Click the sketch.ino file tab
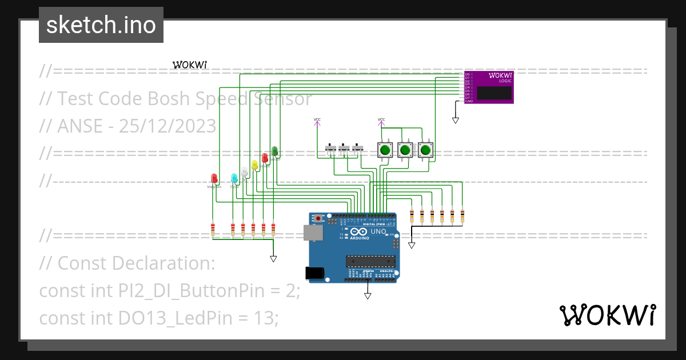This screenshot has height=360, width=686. (101, 25)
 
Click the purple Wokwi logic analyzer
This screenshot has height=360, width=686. (488, 87)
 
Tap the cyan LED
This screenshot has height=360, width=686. (234, 178)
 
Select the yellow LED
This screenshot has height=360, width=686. (254, 165)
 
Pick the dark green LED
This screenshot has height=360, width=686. (274, 151)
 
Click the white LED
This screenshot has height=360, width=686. (244, 171)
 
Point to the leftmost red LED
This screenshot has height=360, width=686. (214, 178)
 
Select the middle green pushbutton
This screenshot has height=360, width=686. (405, 150)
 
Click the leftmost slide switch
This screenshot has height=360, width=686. (331, 149)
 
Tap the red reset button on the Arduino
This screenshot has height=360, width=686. (317, 218)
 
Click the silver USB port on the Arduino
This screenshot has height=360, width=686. (312, 232)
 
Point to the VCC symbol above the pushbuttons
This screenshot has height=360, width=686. (381, 120)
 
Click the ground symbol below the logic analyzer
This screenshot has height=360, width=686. (456, 120)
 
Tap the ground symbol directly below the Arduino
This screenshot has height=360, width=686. (368, 295)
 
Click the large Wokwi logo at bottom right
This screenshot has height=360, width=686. (607, 315)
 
